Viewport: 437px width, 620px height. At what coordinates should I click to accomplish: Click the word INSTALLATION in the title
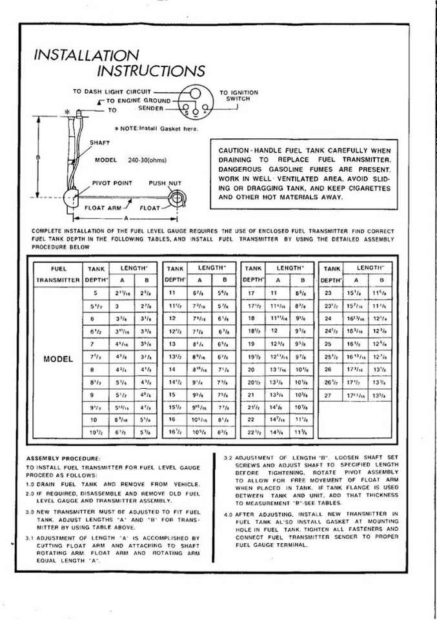point(86,56)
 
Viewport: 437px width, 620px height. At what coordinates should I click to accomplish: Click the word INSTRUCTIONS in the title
point(151,70)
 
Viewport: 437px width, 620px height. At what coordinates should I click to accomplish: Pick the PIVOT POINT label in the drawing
point(112,183)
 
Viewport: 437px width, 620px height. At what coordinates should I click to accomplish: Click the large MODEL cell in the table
point(58,358)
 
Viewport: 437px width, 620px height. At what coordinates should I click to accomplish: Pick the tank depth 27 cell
point(327,393)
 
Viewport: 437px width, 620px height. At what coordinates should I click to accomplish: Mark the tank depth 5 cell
point(95,293)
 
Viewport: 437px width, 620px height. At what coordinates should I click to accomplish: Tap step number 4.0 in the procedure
point(228,515)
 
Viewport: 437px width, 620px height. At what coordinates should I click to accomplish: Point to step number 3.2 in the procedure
point(227,457)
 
